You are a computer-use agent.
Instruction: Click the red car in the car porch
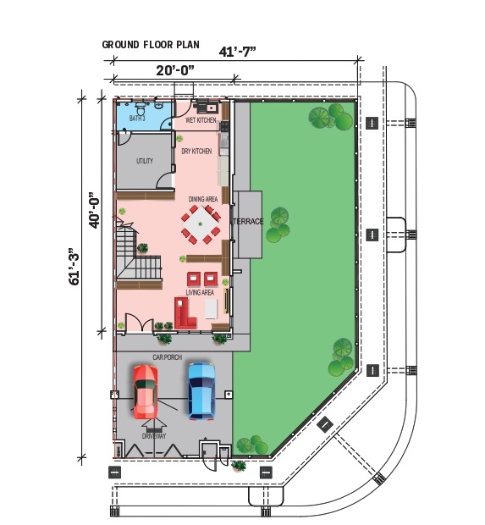pos(146,392)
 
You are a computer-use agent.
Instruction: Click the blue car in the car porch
pos(201,391)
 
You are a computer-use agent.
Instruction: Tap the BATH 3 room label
pos(137,119)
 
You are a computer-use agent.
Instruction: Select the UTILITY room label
pos(145,161)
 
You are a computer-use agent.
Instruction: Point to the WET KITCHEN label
pos(201,120)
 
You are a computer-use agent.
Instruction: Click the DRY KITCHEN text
pos(196,151)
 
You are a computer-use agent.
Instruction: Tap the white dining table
pos(201,224)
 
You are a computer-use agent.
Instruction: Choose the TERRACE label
pos(248,221)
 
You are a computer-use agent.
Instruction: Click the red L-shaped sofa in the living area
pos(185,313)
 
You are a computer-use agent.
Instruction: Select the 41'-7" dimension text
pos(237,52)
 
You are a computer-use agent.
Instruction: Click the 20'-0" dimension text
pos(175,70)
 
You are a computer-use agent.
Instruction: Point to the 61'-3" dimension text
pos(74,267)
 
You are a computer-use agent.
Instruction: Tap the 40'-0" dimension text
pos(94,210)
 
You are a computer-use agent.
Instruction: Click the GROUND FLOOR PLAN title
pos(151,45)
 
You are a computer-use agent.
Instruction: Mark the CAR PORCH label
pos(168,357)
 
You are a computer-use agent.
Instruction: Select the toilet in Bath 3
pos(141,108)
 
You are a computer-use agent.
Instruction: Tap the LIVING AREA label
pos(200,293)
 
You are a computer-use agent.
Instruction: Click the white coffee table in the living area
pos(212,309)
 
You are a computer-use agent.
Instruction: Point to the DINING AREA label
pos(203,199)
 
